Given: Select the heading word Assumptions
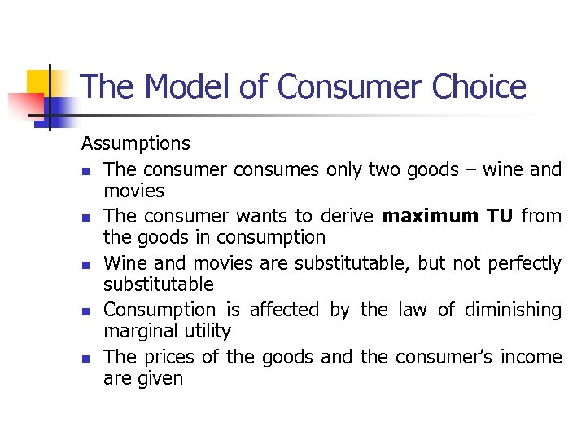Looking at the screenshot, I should pos(135,144).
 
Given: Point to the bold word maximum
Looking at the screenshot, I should pos(431,216).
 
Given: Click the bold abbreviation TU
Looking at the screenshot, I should pos(501,216).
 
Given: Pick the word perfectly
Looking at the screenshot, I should pos(525,263).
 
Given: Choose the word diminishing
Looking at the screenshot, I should pos(513,310).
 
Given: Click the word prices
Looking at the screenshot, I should pos(169,357).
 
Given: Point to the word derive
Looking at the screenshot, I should pos(347,216).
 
